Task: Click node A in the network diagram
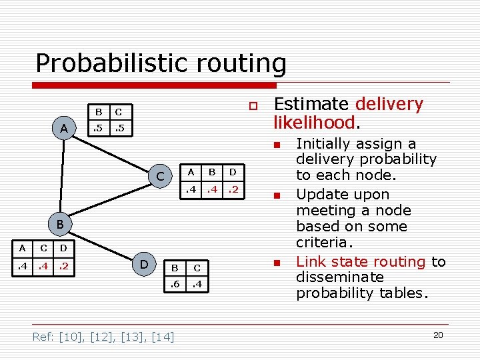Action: tap(64, 128)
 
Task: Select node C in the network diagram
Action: tap(160, 177)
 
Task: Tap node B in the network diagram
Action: tap(59, 225)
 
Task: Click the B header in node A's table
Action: tap(99, 111)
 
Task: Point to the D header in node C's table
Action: tap(233, 172)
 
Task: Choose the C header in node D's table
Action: tap(197, 268)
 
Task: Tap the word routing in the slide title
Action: tap(245, 63)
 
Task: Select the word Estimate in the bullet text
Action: tap(311, 104)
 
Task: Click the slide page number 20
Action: tap(438, 335)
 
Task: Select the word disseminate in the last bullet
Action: tap(340, 277)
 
